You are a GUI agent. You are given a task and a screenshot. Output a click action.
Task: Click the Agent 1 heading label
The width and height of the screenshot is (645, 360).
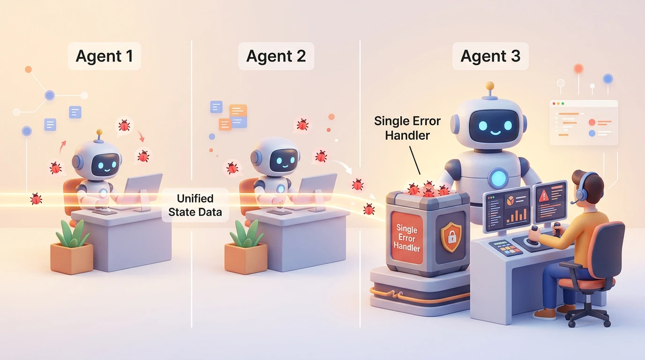coord(104,56)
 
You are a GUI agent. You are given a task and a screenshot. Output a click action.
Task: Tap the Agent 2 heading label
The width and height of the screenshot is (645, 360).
coord(276,56)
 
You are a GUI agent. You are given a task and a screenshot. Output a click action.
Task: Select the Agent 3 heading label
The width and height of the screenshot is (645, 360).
coord(490,56)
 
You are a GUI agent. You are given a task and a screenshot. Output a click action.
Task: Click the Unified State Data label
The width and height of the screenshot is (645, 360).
coord(195,205)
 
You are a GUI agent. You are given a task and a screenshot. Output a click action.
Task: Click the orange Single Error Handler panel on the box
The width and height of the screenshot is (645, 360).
coord(406,238)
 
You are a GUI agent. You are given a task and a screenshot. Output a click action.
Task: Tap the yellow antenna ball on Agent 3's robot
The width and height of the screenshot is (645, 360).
coord(490,86)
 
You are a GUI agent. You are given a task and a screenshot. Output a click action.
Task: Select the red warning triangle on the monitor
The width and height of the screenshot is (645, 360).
coord(544,196)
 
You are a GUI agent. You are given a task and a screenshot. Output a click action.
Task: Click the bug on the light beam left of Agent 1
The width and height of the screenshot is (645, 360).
coord(36,199)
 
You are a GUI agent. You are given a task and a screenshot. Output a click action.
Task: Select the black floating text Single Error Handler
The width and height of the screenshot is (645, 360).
coord(407,128)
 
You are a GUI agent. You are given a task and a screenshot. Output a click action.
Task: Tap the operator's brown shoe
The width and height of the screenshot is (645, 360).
coord(544,314)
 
